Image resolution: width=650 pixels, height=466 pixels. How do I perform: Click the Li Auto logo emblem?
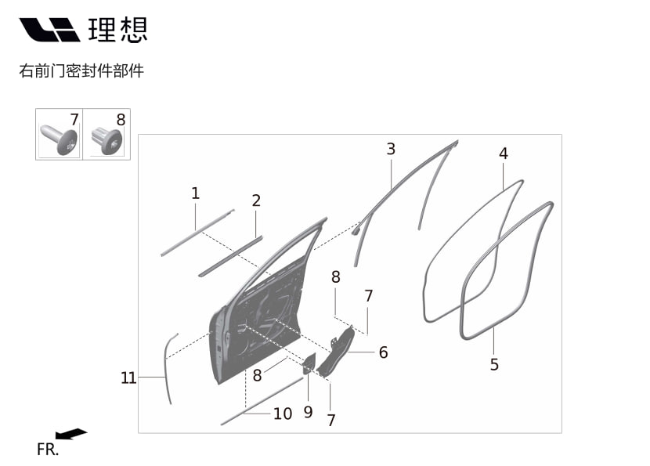coord(50,30)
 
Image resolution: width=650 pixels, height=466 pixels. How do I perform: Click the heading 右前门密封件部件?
coord(81,71)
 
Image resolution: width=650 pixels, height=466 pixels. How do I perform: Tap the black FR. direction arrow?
coord(71,434)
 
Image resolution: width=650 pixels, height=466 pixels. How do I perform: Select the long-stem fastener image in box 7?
coord(59,139)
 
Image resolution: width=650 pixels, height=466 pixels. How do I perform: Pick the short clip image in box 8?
coord(107,141)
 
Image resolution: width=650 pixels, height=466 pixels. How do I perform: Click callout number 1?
coord(196,193)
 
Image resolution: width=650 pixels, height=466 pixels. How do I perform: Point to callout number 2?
coord(256,200)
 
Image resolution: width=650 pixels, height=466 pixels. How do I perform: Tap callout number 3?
coord(391,150)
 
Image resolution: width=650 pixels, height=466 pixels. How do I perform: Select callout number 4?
coord(504,154)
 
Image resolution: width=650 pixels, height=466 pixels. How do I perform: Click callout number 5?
coord(494,365)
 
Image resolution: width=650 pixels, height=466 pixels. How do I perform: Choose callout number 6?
coord(384,352)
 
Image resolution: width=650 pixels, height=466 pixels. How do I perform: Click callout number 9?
coord(308,412)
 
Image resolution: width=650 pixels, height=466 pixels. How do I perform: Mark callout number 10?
coord(283,414)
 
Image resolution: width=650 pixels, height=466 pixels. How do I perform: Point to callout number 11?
coord(128,377)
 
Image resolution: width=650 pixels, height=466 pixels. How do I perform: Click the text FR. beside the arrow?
coord(48,450)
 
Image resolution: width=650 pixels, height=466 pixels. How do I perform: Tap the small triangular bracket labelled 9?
coord(309,364)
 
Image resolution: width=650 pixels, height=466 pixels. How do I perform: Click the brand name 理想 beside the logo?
coord(118,30)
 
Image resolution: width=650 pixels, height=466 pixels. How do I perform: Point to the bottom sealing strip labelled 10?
coord(262,401)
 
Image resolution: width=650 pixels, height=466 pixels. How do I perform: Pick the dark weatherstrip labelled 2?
coord(230,256)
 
